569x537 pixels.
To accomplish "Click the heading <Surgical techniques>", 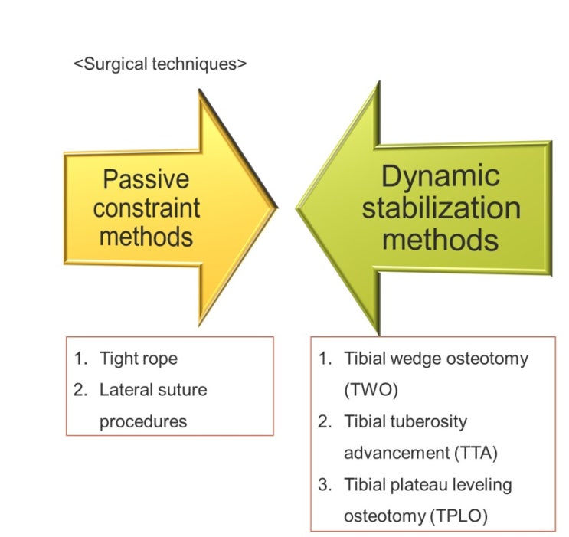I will click(160, 64).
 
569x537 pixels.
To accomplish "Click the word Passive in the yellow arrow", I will click(146, 179).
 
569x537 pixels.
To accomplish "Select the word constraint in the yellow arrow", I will click(146, 208).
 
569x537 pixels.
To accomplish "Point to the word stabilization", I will click(441, 208).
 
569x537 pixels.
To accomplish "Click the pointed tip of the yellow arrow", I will click(275, 207).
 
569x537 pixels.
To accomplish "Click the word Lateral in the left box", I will click(123, 390).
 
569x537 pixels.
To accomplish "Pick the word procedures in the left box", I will click(143, 421).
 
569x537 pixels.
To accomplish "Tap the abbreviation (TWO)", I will click(373, 390).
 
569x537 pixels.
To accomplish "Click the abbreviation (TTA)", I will click(471, 453).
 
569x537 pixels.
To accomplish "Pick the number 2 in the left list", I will click(80, 390).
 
